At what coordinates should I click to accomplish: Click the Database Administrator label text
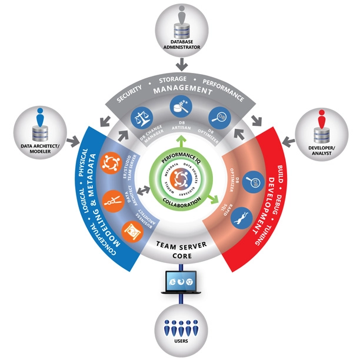[x=180, y=45]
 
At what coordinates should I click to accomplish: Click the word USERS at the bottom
[x=180, y=338]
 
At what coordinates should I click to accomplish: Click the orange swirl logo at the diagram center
[x=180, y=182]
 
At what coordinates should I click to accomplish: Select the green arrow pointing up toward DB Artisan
[x=180, y=142]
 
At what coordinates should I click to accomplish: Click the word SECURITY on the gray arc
[x=127, y=92]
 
